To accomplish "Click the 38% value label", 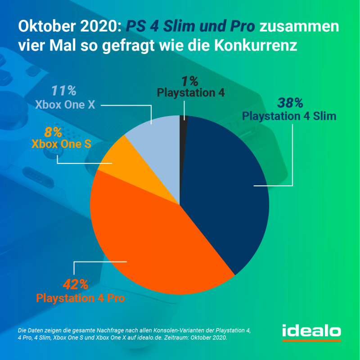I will [x=290, y=103].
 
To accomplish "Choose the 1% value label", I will [x=190, y=81].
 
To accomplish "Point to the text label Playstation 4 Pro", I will [x=80, y=298].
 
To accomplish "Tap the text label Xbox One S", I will [x=61, y=144].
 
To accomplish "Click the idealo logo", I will [x=311, y=331].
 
